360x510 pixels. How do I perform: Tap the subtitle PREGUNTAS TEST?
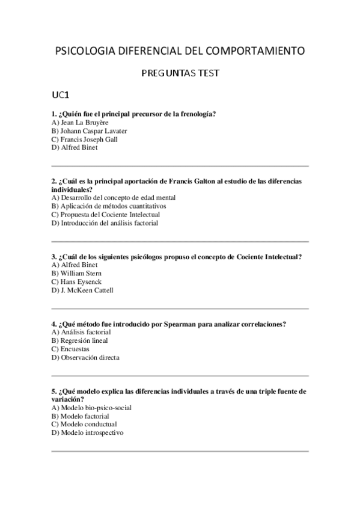coord(180,73)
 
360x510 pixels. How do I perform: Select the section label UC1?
coord(62,95)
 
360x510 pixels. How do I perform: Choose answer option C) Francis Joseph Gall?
coord(85,139)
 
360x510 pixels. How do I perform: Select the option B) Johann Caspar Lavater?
coord(90,131)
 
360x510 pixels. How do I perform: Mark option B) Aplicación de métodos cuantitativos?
coord(109,206)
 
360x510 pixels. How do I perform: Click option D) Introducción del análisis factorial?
coord(105,223)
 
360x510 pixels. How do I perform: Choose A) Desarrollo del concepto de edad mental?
coord(109,197)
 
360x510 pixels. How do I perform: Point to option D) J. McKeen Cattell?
coord(82,290)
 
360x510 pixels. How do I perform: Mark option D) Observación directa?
coord(85,357)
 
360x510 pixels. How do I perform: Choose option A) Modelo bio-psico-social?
coord(92,408)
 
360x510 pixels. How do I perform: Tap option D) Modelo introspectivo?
coord(88,433)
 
